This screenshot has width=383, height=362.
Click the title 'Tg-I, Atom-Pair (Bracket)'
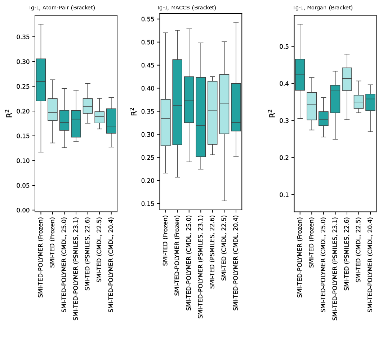[62, 8]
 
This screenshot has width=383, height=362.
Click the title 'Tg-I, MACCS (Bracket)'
[186, 8]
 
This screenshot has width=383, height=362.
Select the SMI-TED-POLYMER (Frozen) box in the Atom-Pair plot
[41, 80]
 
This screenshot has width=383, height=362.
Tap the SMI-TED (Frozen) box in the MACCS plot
[165, 123]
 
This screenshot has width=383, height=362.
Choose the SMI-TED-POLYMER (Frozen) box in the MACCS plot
[177, 102]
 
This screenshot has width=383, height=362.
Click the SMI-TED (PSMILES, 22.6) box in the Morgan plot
[347, 79]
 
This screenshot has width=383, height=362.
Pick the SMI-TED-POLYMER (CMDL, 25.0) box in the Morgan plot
[323, 119]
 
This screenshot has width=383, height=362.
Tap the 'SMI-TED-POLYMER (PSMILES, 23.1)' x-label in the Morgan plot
[335, 269]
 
